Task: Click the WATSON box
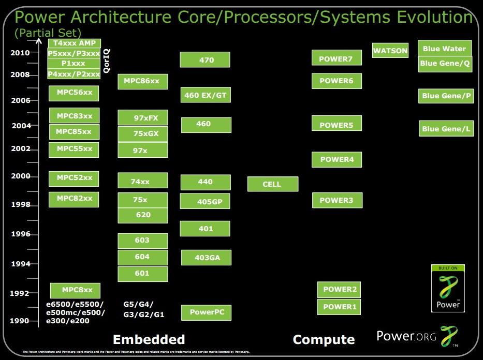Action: [x=390, y=50]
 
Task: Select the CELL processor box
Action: [x=272, y=184]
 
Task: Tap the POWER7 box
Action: [x=336, y=58]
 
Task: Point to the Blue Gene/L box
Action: [x=446, y=129]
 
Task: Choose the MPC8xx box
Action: [x=75, y=290]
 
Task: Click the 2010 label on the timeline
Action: [x=20, y=53]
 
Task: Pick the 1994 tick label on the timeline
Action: [x=21, y=264]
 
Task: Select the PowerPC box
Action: [x=206, y=312]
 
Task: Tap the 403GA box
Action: [x=206, y=258]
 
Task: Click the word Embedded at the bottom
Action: [x=149, y=339]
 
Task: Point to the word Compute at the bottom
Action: [x=324, y=340]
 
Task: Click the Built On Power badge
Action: [x=448, y=289]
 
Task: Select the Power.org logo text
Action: [x=406, y=337]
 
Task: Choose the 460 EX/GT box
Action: [x=205, y=95]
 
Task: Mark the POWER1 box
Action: [x=339, y=307]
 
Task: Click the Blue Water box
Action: [x=444, y=49]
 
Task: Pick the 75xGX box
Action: [x=142, y=134]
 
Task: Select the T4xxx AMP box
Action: [x=74, y=43]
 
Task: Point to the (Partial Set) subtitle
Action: [x=48, y=33]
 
